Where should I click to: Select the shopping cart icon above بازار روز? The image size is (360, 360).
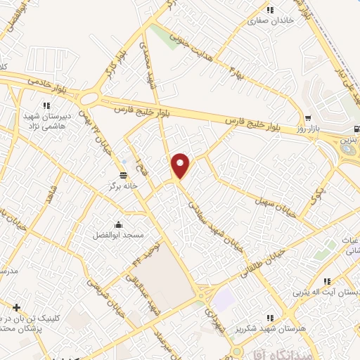pos(308,117)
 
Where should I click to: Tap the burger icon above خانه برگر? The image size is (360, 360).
pos(124,174)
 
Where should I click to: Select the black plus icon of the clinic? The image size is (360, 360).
pos(17,307)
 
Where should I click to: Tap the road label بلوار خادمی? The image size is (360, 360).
pos(47,81)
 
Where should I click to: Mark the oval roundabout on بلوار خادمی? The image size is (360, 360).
pos(89,98)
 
